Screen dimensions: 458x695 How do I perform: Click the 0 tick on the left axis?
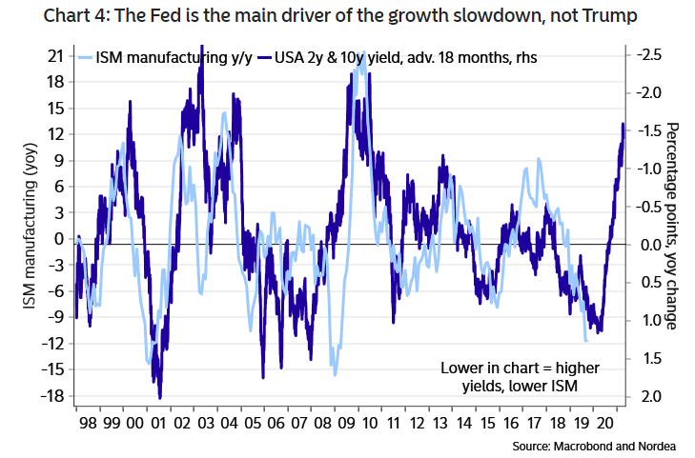[x=58, y=238]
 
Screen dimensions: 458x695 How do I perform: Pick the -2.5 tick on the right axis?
[x=646, y=55]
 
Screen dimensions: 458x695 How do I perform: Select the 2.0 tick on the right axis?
[x=649, y=395]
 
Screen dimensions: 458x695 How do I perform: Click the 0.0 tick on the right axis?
[x=649, y=244]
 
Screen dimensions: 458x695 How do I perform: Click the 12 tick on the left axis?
[x=54, y=133]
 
